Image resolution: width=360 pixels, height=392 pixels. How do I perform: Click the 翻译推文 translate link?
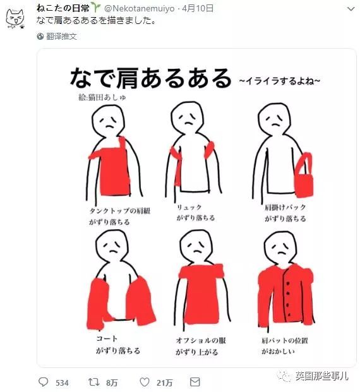point(61,37)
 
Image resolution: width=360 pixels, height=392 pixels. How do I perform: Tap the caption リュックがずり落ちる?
point(196,212)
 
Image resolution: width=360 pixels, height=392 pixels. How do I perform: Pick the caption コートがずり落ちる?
point(117,344)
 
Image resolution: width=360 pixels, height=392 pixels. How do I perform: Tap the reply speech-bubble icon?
point(43,382)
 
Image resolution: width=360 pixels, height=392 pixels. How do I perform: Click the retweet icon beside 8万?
point(93,382)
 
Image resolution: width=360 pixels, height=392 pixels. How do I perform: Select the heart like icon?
point(145,382)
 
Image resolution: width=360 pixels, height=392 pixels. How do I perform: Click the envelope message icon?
point(195,382)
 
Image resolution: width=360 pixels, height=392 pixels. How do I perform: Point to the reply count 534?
point(62,383)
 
